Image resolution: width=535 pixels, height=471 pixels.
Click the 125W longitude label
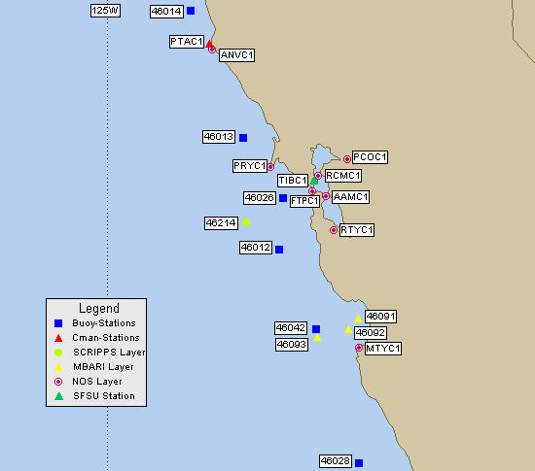point(105,11)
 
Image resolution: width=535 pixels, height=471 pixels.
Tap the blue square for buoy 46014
point(191,11)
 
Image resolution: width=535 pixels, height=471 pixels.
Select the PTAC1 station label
point(186,42)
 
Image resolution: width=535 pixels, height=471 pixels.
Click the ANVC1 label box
point(236,55)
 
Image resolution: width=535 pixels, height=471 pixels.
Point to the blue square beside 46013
point(242,138)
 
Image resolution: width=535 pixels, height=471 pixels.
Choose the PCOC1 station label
point(370,156)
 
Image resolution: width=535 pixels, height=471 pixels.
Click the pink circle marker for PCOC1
point(347,158)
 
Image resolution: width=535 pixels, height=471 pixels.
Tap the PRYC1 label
point(249,166)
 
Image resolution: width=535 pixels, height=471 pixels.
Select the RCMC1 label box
point(342,176)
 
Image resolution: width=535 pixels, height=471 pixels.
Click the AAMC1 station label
point(350,197)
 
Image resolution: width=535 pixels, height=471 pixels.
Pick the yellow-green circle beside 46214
point(246,222)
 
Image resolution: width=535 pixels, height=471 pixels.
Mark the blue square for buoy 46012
point(279,250)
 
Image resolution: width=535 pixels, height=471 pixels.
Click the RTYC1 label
point(357,230)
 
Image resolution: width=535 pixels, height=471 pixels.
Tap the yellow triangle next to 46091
point(358,318)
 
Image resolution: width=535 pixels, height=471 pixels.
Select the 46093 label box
point(292,344)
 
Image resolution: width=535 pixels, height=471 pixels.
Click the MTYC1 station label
point(384,348)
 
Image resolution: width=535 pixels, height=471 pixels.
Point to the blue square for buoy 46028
point(359,463)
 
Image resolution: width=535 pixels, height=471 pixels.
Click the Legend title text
point(98,308)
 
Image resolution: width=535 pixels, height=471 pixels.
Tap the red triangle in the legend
point(58,337)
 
